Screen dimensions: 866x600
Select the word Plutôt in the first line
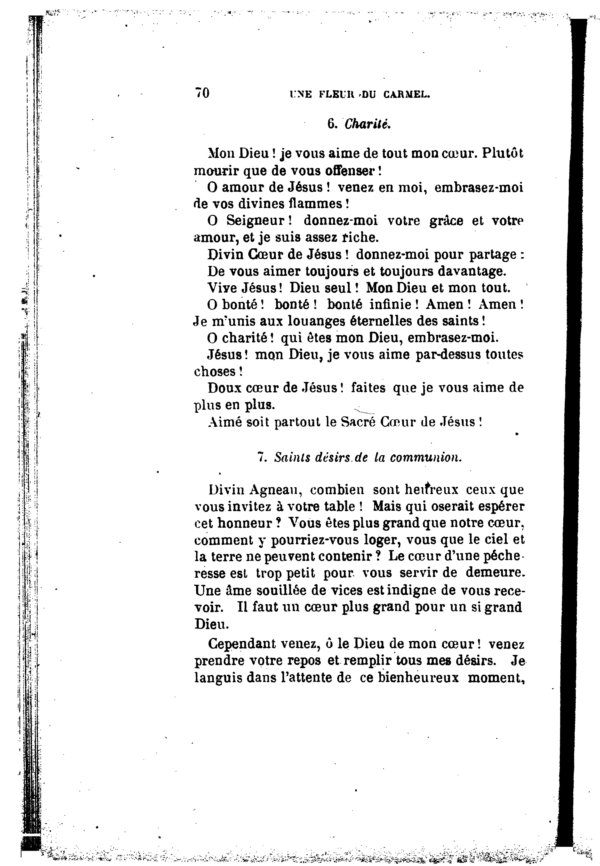point(502,154)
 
